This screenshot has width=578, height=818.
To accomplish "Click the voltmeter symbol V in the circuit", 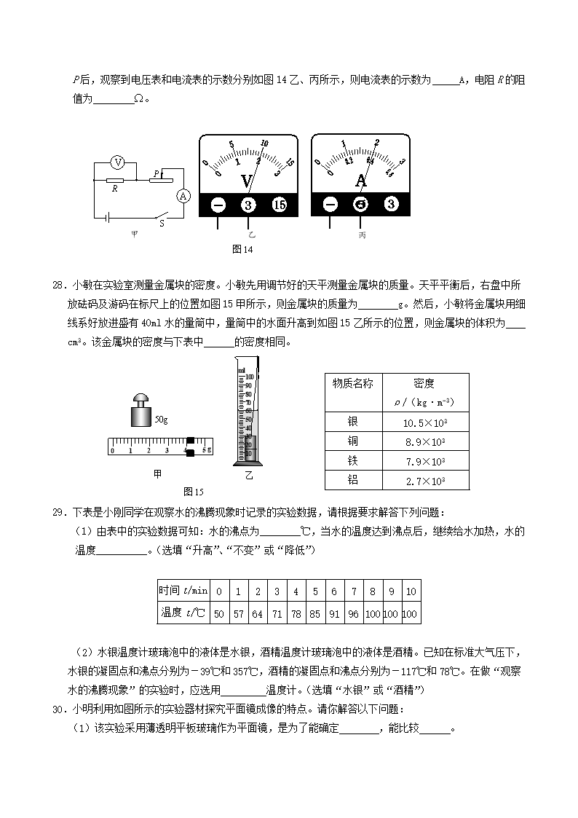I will coord(117,162).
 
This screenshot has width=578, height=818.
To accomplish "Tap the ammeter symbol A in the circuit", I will coord(184,195).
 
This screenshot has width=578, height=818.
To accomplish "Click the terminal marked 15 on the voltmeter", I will coord(280,205).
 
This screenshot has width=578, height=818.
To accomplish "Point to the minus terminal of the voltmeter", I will coord(218,205).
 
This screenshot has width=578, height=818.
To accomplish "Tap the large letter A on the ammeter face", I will coord(361,180).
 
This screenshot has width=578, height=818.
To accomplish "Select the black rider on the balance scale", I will coord(190,447).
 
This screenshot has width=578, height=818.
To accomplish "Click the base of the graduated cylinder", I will coord(248,462).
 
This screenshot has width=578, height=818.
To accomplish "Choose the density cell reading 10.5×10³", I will coord(424,422).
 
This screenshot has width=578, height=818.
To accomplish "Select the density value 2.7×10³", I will coord(424,481).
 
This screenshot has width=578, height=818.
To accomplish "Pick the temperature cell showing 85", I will coord(314,614).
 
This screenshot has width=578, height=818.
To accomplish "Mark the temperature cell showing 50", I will coord(218,614).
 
